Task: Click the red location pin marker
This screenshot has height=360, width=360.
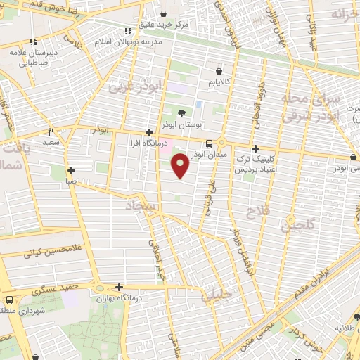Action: [x=181, y=166]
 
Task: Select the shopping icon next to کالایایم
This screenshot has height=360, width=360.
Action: [x=219, y=72]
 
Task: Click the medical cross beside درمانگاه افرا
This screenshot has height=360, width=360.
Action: [x=148, y=132]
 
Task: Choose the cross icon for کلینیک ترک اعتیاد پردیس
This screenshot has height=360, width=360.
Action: [x=255, y=149]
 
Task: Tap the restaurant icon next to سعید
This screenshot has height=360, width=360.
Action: [x=51, y=131]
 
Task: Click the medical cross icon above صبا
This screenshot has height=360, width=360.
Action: [x=71, y=170]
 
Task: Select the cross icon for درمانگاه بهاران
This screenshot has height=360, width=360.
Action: [x=119, y=287]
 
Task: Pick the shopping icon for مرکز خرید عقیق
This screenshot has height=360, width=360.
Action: [x=163, y=13]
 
